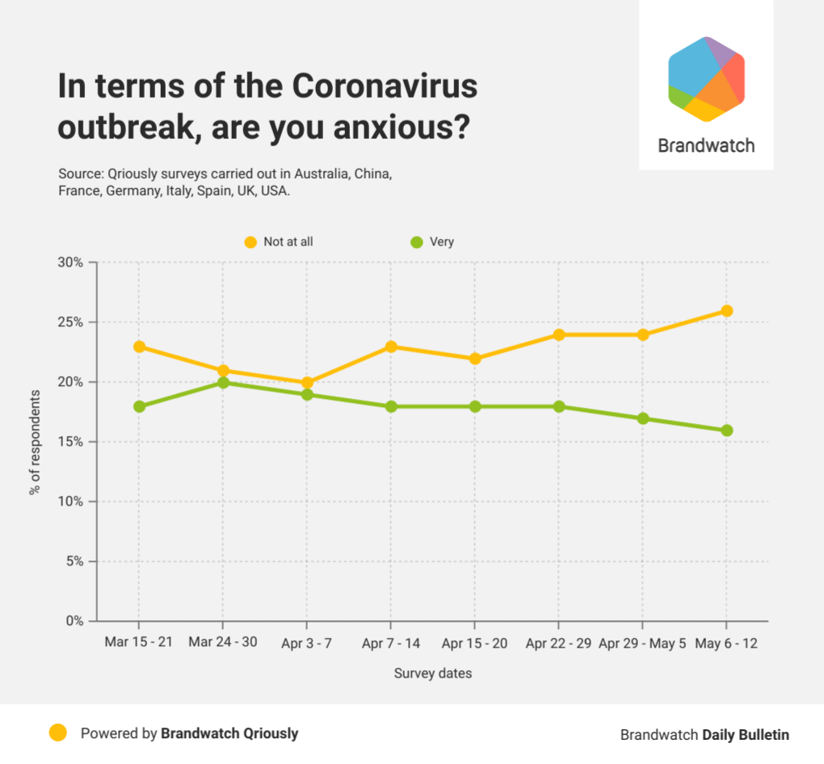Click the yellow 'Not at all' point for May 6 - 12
point(727,311)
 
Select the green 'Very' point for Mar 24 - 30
point(223,383)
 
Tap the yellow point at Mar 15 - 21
point(139,346)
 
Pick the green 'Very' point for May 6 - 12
point(727,430)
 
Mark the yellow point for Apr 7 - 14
point(391,346)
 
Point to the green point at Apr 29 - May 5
point(643,418)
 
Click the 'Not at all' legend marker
point(250,241)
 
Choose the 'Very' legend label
point(443,241)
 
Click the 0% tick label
point(74,621)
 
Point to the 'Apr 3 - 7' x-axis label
point(306,644)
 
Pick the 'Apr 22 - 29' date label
point(558,644)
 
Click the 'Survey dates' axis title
point(432,674)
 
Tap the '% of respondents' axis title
point(35,442)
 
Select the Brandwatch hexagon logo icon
point(705,79)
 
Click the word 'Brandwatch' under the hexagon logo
point(706,146)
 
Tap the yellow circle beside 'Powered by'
point(57,733)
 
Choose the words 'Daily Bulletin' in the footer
point(745,735)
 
